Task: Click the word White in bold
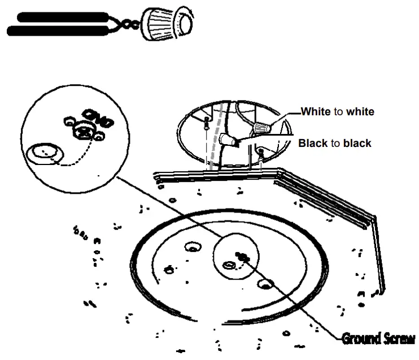[315, 112]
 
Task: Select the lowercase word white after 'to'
[360, 112]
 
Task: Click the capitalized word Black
[313, 144]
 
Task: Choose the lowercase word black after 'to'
[357, 144]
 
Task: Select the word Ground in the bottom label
[360, 339]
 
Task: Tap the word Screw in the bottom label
[398, 339]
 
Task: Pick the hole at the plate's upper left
[192, 248]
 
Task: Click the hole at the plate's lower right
[264, 282]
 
